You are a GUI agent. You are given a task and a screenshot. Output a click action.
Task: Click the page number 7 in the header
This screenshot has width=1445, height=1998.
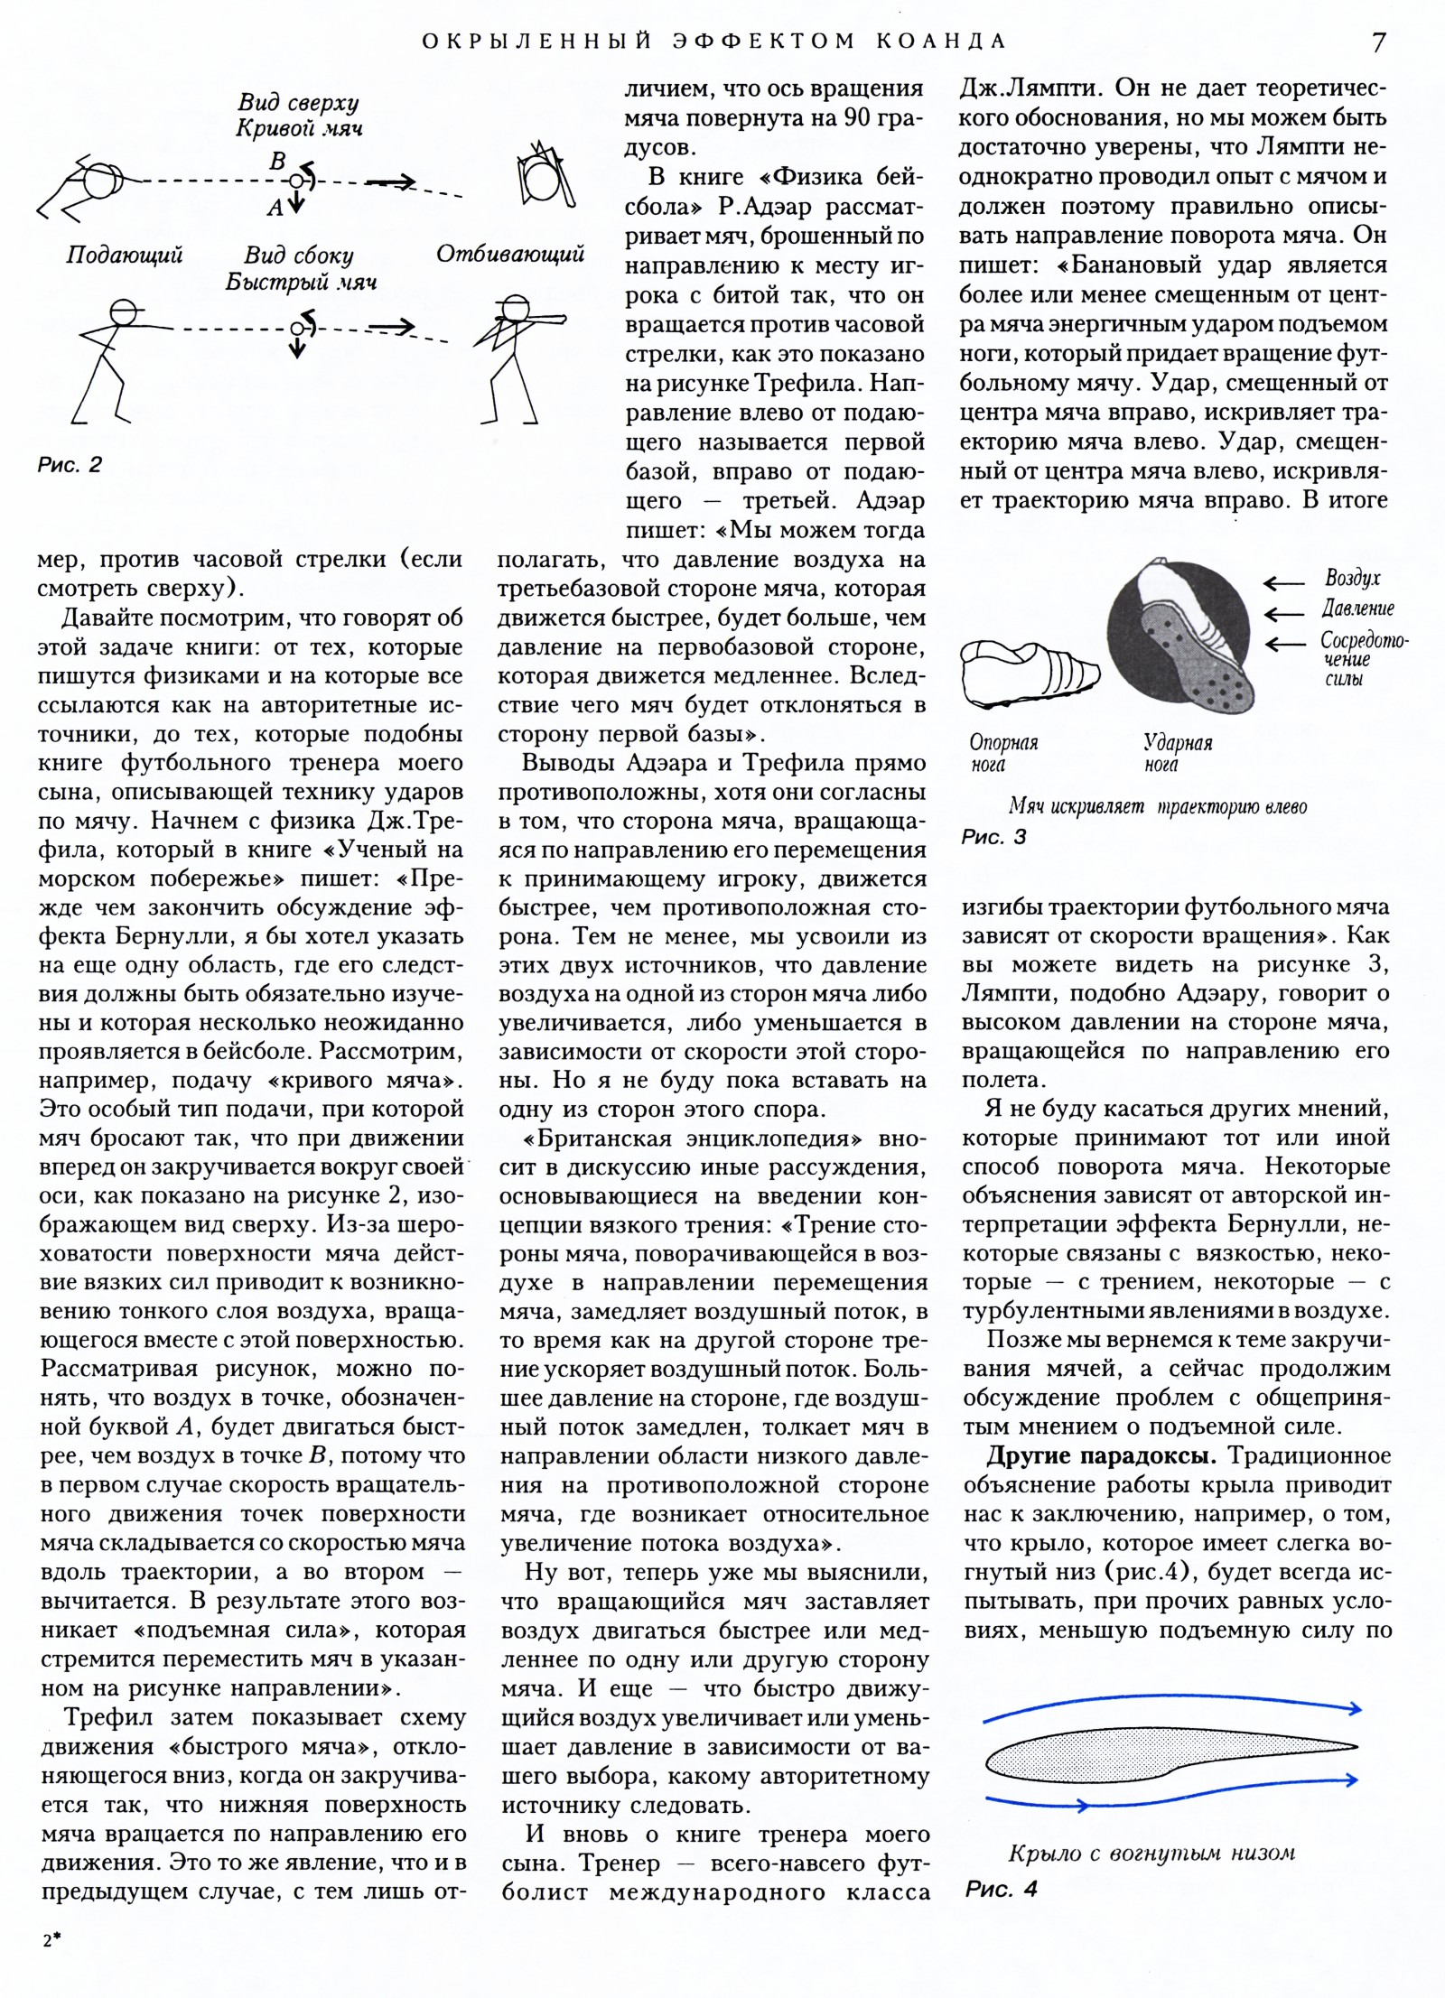(1378, 42)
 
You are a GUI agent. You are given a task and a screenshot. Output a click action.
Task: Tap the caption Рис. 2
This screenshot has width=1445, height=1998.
(70, 464)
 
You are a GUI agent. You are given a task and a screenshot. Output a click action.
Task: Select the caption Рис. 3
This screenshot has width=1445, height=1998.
(993, 837)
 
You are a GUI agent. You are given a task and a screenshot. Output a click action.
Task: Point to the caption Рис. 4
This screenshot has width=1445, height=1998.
(1002, 1888)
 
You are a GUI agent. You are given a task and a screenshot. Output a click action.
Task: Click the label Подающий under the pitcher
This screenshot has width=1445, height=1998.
(125, 255)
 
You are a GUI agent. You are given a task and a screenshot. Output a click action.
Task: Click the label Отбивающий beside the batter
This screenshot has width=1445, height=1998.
(510, 254)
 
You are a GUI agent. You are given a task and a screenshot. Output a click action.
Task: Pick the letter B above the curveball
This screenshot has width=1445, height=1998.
(278, 161)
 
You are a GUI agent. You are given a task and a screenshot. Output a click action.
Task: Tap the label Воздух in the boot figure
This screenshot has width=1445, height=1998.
(1352, 578)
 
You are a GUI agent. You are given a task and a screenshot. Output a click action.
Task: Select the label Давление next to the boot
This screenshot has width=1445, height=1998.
(1358, 609)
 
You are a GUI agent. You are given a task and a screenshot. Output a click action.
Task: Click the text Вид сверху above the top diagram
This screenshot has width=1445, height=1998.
(298, 102)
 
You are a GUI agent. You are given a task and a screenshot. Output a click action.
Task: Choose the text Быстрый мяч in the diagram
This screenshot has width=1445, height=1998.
(301, 282)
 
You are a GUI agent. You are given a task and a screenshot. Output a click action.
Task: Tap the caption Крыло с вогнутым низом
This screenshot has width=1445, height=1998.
(1151, 1854)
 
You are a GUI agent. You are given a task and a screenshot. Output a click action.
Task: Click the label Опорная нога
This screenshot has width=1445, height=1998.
(1003, 753)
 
